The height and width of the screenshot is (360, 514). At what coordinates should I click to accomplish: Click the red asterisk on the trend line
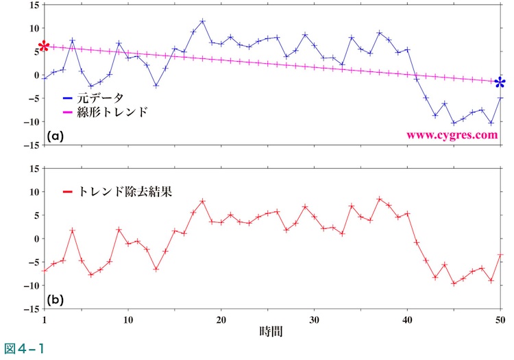[x=44, y=46]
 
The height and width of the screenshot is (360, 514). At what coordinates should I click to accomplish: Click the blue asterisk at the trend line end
[x=500, y=84]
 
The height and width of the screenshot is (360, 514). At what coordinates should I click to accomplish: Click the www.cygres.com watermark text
[x=452, y=135]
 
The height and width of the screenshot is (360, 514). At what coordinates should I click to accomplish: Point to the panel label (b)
[x=56, y=300]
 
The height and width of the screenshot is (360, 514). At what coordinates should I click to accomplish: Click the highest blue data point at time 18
[x=203, y=21]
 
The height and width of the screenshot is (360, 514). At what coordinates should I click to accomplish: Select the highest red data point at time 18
[x=203, y=201]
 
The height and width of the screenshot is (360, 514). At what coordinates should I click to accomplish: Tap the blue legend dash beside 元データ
[x=67, y=98]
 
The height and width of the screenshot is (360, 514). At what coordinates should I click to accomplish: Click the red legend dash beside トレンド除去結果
[x=67, y=192]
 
